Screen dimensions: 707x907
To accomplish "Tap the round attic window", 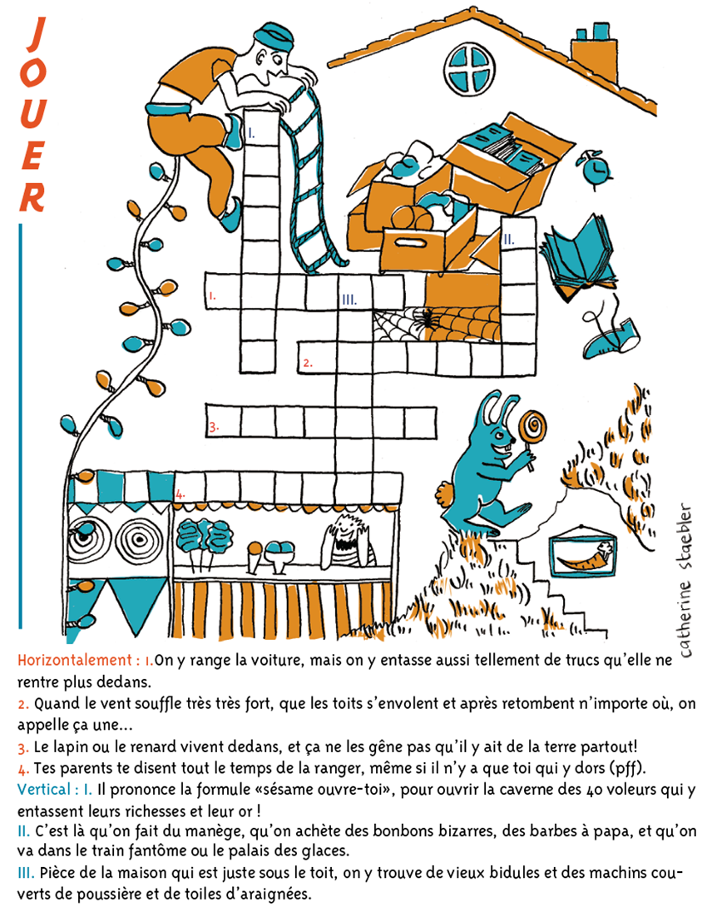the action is [x=469, y=69].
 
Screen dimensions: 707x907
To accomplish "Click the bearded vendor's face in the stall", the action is [x=346, y=530].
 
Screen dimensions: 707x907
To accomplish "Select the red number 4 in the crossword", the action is [x=180, y=494].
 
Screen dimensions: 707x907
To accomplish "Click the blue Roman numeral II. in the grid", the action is [x=508, y=238].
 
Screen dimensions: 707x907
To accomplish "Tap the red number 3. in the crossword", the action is [x=214, y=428].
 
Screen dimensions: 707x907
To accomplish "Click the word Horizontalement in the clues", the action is [x=75, y=659].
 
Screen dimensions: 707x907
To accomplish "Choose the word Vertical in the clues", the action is [x=44, y=788].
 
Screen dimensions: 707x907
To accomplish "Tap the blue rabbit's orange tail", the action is [x=445, y=495].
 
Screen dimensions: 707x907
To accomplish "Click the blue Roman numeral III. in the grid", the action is [x=349, y=300].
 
